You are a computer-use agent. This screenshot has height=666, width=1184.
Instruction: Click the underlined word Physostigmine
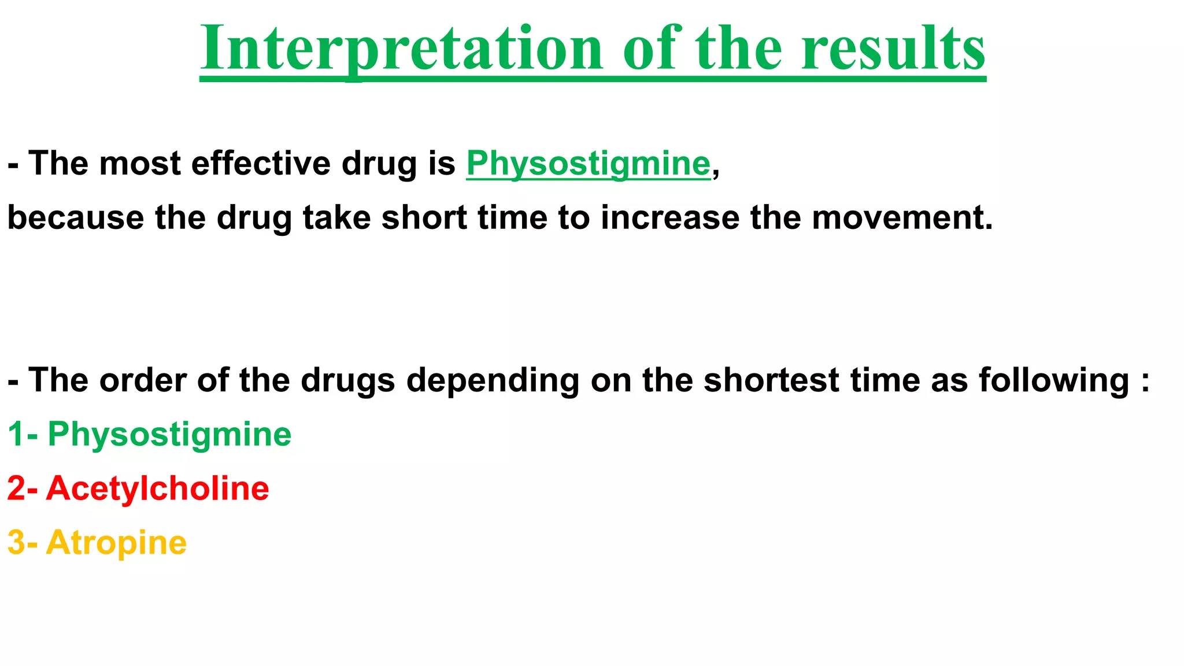[x=588, y=164]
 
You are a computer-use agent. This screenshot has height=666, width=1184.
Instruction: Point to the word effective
[x=261, y=164]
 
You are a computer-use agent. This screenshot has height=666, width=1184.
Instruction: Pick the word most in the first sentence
[x=140, y=164]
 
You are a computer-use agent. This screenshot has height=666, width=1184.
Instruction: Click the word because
[x=75, y=218]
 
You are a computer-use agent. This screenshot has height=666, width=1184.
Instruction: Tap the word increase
[x=669, y=218]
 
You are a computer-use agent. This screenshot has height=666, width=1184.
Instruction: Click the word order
[x=143, y=380]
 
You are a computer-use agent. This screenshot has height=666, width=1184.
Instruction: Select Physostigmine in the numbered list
[x=169, y=435]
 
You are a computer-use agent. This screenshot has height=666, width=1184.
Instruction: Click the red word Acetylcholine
[x=157, y=489]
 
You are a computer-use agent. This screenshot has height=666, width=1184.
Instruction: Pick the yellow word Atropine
[x=116, y=543]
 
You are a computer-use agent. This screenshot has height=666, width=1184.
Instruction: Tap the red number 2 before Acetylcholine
[x=16, y=489]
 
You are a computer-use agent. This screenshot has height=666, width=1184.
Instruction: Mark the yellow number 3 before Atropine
[x=16, y=543]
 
